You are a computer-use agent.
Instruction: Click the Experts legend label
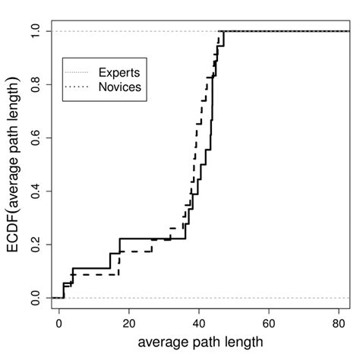click(120, 72)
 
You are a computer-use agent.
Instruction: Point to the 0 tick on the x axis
click(59, 322)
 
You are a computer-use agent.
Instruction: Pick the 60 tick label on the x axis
click(269, 322)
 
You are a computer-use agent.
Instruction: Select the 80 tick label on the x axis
click(339, 322)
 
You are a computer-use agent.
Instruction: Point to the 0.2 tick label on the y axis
click(33, 245)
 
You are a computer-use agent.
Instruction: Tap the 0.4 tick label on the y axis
click(33, 191)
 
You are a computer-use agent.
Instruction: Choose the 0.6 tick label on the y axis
click(33, 137)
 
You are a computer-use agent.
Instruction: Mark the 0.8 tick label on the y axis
click(33, 84)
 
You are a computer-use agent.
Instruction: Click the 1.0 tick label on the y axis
click(33, 31)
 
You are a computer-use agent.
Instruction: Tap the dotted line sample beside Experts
click(78, 72)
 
